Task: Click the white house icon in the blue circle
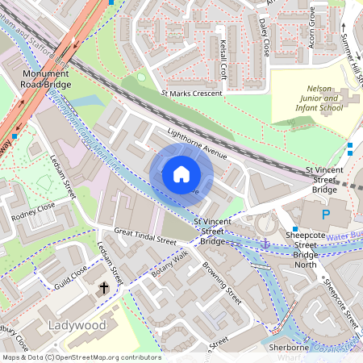181,173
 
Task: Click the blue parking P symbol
326,215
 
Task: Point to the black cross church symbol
102,288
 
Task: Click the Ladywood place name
77,325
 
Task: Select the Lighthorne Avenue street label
198,143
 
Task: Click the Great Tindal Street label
144,236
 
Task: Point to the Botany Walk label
169,264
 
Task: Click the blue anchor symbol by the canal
264,243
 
